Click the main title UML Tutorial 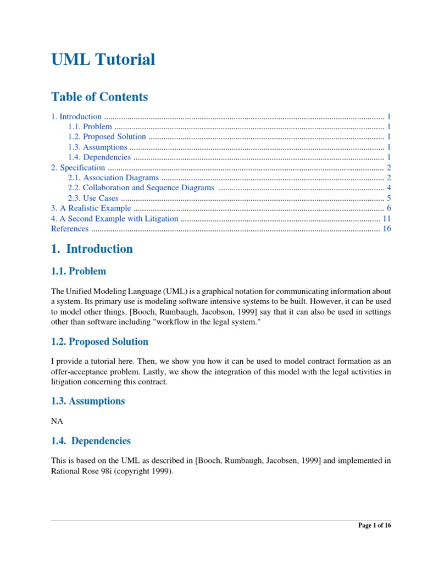point(103,59)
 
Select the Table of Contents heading point(99,97)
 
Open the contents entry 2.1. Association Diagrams point(113,178)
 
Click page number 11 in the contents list point(386,218)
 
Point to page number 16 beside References point(386,229)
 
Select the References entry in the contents point(69,229)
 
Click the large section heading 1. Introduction point(92,249)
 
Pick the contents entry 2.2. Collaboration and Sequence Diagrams point(141,188)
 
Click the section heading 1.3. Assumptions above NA point(88,401)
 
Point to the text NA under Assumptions point(57,422)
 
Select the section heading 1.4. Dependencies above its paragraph point(91,441)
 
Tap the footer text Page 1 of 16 point(375,526)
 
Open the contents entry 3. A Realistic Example point(91,208)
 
